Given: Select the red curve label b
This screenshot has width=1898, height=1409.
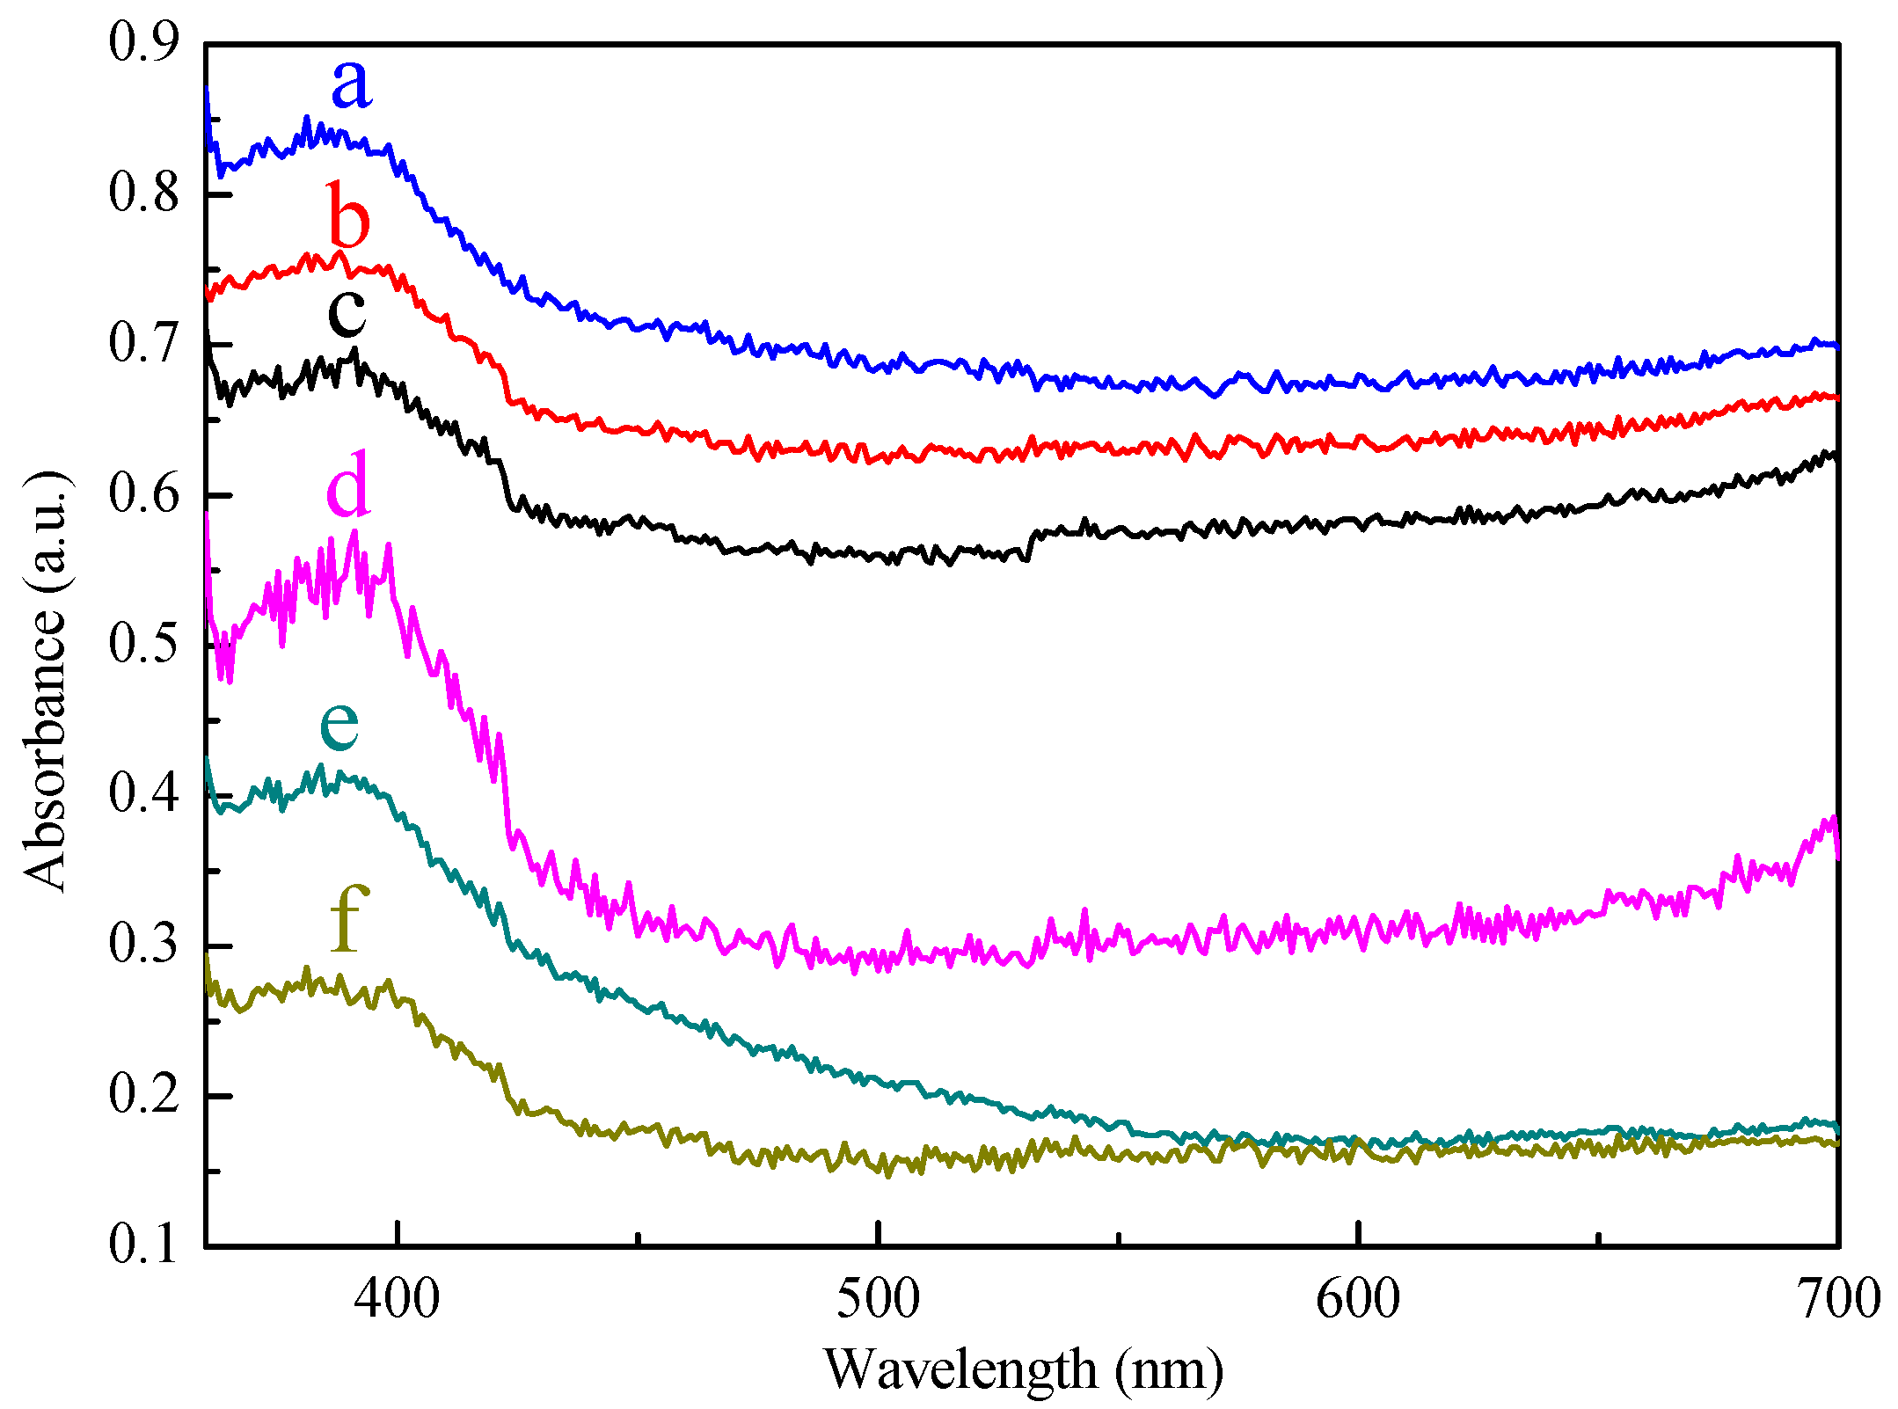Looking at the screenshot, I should tap(348, 215).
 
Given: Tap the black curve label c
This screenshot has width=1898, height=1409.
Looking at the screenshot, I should tap(347, 312).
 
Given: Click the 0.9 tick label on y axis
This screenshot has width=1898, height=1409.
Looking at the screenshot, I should tap(143, 42).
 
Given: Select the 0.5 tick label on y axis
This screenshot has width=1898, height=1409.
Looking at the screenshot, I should tap(143, 644).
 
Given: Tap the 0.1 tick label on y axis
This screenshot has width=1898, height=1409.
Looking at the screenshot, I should tap(143, 1245).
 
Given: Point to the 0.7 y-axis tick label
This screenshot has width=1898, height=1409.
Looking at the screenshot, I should tap(143, 343).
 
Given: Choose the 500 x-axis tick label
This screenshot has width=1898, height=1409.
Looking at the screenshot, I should tap(878, 1298).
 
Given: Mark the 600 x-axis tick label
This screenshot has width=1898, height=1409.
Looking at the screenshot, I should tap(1358, 1298).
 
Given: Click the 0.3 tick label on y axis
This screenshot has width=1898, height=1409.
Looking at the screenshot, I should tap(143, 945).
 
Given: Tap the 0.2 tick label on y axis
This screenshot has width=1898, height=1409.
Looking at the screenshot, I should tap(143, 1095).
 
